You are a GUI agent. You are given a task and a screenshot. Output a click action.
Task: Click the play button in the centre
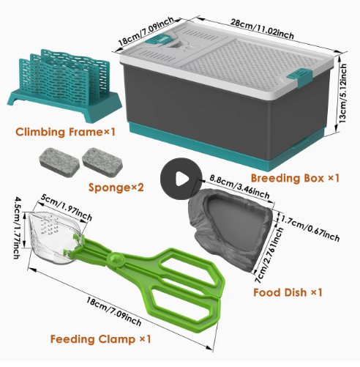(x=181, y=179)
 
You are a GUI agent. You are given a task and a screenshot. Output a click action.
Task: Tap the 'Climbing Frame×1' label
(x=65, y=132)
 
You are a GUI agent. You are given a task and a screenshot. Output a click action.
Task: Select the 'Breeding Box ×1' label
(x=295, y=178)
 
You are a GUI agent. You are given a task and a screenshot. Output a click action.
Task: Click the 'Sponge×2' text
(x=116, y=188)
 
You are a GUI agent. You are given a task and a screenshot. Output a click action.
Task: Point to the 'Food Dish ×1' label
(x=288, y=292)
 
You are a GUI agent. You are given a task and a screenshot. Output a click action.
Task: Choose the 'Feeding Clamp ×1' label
(x=100, y=339)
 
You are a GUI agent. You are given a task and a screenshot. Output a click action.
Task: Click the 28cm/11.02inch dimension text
(x=262, y=29)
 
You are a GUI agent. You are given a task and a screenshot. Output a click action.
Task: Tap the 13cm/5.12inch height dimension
(x=342, y=94)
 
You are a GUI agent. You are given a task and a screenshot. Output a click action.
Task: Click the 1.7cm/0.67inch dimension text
(x=310, y=228)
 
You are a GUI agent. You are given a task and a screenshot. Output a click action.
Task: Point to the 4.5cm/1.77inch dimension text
(x=18, y=228)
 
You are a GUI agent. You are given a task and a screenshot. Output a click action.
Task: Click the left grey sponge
(x=59, y=162)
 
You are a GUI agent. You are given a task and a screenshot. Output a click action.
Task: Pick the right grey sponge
(x=102, y=162)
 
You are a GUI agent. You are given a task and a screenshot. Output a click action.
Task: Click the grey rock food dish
(x=230, y=229)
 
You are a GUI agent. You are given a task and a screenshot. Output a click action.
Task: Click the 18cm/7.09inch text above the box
(x=146, y=31)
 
